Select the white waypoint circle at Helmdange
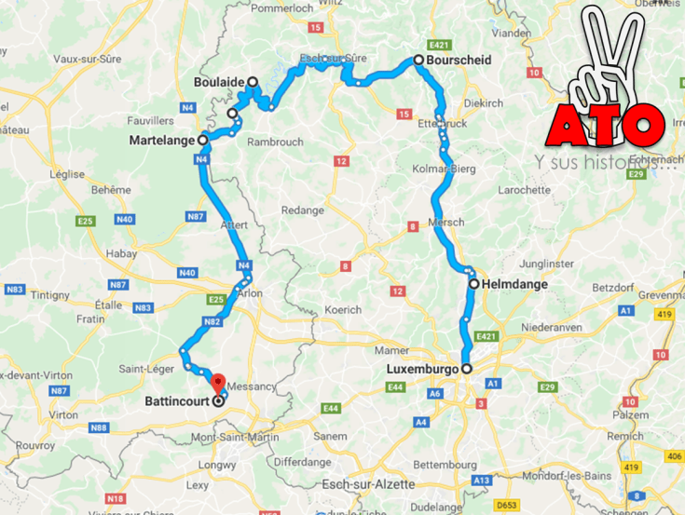[473, 284]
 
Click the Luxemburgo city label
[421, 369]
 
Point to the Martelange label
[163, 141]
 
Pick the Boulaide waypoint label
[219, 82]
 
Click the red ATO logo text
[606, 121]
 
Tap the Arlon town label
[251, 293]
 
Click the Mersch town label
[446, 222]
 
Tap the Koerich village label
[343, 309]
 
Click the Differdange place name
[303, 461]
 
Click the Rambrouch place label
[274, 142]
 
